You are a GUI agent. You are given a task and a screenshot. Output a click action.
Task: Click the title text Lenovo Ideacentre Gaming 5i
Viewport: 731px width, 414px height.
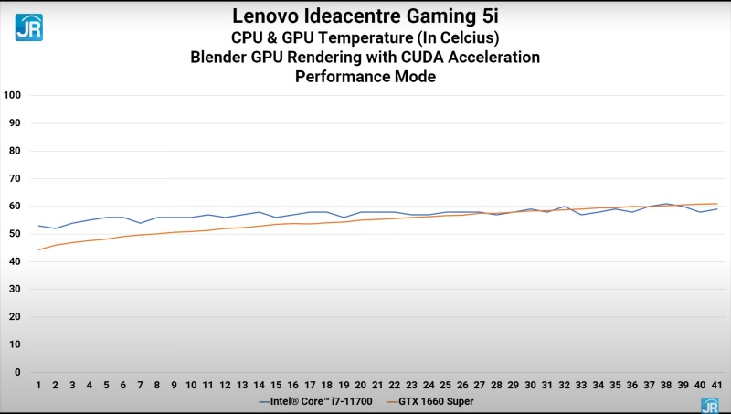tap(365, 16)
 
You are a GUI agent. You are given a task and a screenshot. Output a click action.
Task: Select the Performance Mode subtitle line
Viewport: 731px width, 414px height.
tap(365, 77)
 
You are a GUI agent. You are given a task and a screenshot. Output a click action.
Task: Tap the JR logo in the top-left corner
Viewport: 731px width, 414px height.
tap(28, 27)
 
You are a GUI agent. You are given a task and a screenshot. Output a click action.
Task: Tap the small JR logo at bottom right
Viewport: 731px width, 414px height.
tap(709, 404)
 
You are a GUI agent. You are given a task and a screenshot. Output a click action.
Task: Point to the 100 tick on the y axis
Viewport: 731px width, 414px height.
tap(13, 95)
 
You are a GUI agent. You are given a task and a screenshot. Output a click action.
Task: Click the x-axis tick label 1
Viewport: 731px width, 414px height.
tap(38, 386)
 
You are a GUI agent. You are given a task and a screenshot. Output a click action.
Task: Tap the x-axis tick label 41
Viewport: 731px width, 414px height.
tap(716, 386)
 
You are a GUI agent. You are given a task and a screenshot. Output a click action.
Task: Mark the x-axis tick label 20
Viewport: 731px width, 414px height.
tap(360, 386)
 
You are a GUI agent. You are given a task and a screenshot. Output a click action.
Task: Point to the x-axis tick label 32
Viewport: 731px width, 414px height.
tap(564, 386)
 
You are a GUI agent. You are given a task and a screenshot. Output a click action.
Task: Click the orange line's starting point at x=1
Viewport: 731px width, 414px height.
tap(38, 249)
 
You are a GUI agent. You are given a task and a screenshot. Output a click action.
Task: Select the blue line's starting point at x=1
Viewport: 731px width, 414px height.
tap(38, 226)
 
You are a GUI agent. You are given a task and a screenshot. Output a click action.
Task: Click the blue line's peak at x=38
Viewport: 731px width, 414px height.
tap(666, 204)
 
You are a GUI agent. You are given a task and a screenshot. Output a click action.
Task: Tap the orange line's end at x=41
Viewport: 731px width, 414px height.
tap(716, 204)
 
